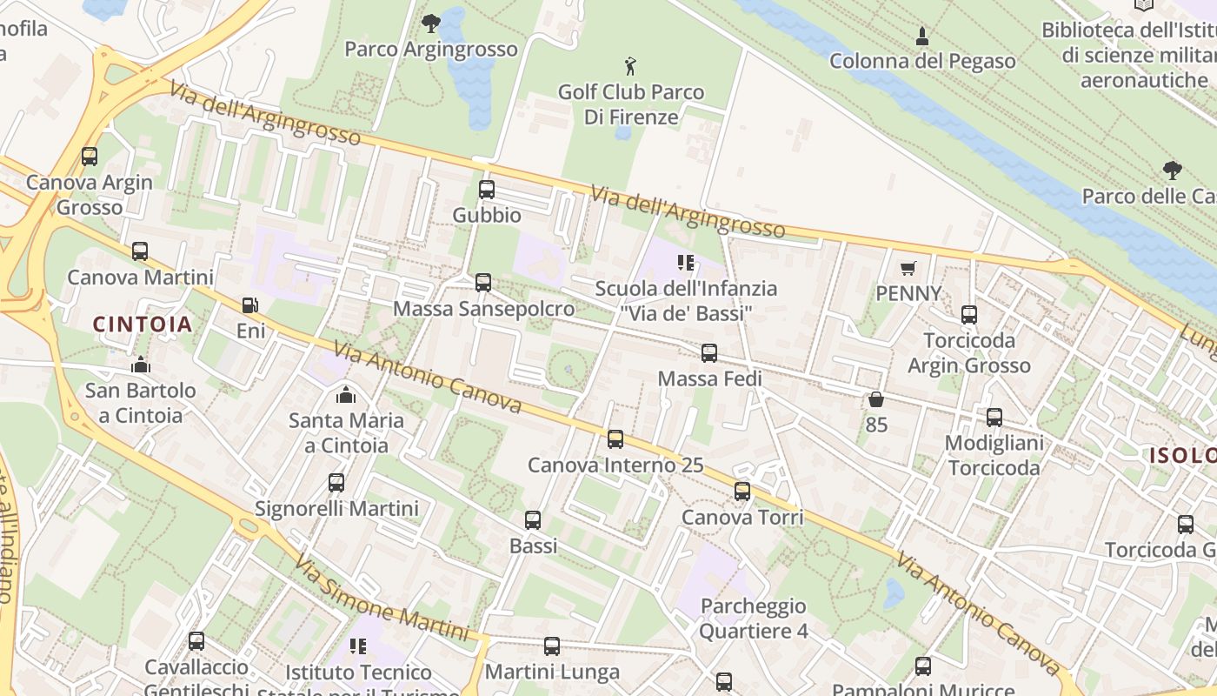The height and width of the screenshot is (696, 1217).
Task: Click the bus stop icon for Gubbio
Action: pyautogui.click(x=487, y=190)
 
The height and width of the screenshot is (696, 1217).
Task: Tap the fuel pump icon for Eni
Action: pyautogui.click(x=250, y=305)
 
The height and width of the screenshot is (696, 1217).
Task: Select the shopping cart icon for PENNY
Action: pyautogui.click(x=908, y=268)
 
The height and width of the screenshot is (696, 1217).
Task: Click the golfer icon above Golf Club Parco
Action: pyautogui.click(x=630, y=65)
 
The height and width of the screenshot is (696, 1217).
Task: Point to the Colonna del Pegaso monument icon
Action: pyautogui.click(x=922, y=37)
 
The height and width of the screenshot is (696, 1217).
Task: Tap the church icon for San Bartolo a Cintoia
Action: pyautogui.click(x=140, y=365)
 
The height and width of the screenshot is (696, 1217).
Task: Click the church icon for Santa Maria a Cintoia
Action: pyautogui.click(x=346, y=395)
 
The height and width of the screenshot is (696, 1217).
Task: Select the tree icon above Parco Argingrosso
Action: pyautogui.click(x=430, y=23)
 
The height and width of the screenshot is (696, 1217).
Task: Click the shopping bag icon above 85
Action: pyautogui.click(x=875, y=399)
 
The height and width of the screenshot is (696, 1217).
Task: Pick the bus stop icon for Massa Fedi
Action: pyautogui.click(x=709, y=353)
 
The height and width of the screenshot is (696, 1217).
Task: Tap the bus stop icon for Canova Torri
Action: pyautogui.click(x=742, y=492)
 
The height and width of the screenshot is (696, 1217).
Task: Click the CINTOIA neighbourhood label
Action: pyautogui.click(x=143, y=325)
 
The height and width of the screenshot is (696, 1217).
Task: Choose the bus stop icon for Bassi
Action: pyautogui.click(x=533, y=520)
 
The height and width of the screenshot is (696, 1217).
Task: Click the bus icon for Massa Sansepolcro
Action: pyautogui.click(x=483, y=283)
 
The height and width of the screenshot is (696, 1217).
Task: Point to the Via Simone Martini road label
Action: pyautogui.click(x=381, y=599)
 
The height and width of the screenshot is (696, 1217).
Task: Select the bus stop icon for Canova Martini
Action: pyautogui.click(x=140, y=251)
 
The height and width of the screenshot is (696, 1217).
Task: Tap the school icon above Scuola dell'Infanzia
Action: pyautogui.click(x=686, y=262)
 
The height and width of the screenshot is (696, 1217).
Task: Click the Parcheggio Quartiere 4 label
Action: pyautogui.click(x=753, y=618)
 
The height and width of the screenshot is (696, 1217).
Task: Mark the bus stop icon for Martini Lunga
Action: pyautogui.click(x=552, y=646)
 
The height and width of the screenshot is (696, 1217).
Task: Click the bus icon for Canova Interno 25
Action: pyautogui.click(x=615, y=439)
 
